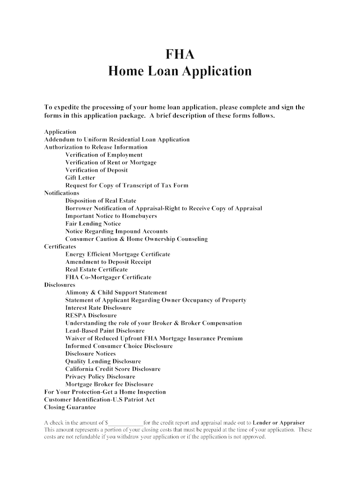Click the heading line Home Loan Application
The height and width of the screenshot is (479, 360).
click(x=180, y=72)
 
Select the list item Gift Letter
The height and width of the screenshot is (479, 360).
click(x=80, y=178)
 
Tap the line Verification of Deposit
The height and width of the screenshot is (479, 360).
click(x=96, y=170)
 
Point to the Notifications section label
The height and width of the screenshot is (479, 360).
click(x=62, y=193)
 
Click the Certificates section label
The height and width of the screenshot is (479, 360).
click(x=60, y=247)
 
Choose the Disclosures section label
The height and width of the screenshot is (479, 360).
click(x=59, y=285)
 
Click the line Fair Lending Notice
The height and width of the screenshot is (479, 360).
click(x=93, y=224)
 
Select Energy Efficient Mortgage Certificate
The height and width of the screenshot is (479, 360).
click(x=118, y=254)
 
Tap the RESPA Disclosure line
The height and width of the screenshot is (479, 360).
click(x=91, y=315)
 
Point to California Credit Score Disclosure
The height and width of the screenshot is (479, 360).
click(x=113, y=369)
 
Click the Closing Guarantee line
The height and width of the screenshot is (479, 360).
click(x=70, y=407)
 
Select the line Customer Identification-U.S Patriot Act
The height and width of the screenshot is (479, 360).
click(x=99, y=400)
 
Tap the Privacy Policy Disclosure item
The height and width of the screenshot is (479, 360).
click(x=100, y=377)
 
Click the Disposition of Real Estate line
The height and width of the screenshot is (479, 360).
click(x=101, y=201)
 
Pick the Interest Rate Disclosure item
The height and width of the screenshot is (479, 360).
click(x=99, y=308)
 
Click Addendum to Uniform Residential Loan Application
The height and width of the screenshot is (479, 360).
click(x=117, y=139)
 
